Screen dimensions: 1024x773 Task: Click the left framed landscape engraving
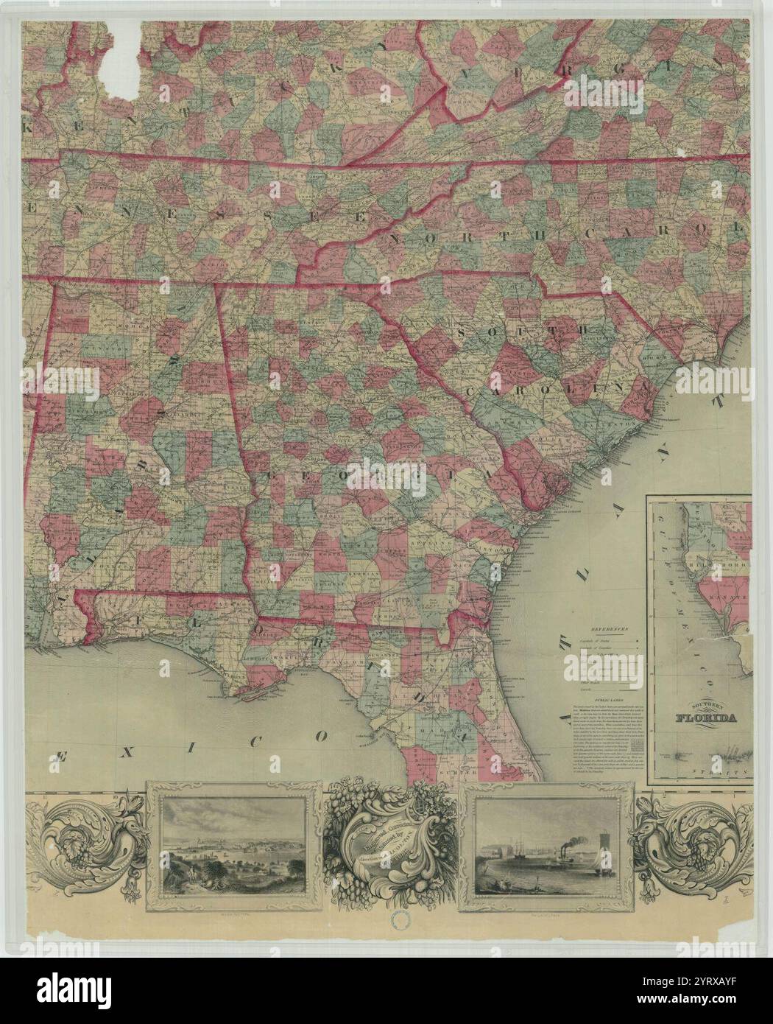click(x=235, y=845)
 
